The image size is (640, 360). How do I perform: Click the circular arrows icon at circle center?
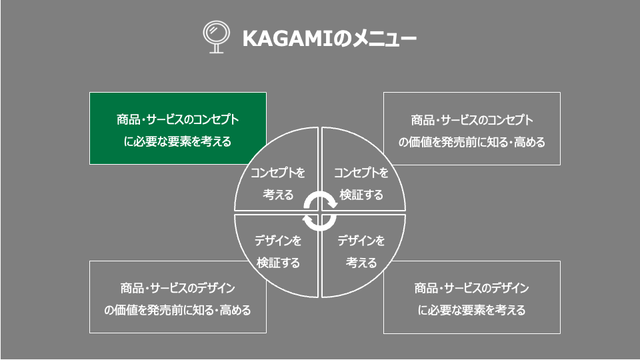[x=320, y=212]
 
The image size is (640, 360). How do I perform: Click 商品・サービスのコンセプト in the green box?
[x=177, y=120]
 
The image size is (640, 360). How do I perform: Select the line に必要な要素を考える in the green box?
[x=177, y=141]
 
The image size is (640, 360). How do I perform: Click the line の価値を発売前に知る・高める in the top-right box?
[x=471, y=141]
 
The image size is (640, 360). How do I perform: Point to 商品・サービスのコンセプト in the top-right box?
[x=471, y=120]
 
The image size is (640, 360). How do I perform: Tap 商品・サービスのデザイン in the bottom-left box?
[x=177, y=289]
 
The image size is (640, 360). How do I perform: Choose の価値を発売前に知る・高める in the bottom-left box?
[x=177, y=310]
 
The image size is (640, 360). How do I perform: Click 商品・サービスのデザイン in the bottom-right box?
[x=471, y=289]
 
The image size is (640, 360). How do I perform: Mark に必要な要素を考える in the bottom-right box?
[x=471, y=310]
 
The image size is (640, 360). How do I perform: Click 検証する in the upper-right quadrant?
[x=361, y=195]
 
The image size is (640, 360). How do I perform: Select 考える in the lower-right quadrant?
[x=361, y=262]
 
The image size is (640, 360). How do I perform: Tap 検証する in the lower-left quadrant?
[x=277, y=262]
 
